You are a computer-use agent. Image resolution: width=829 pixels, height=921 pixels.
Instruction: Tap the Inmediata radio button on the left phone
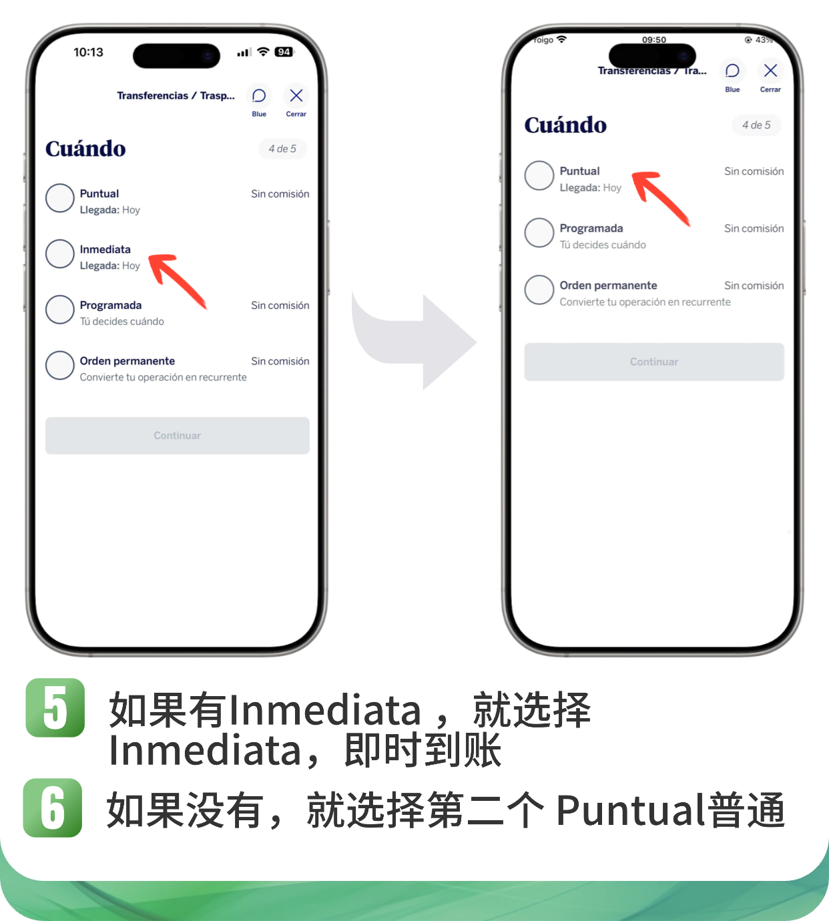tap(59, 254)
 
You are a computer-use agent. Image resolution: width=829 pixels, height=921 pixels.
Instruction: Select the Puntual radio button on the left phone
tap(59, 198)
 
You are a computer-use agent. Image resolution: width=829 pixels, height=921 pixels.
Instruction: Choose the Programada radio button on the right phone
tap(539, 233)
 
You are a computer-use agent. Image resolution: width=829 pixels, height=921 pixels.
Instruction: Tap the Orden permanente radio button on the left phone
tap(59, 366)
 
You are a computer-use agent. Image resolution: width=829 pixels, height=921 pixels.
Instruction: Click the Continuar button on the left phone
tap(178, 436)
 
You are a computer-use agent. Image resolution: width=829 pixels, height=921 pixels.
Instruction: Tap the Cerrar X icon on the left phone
tap(296, 95)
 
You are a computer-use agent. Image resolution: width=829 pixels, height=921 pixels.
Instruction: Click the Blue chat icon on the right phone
tap(732, 71)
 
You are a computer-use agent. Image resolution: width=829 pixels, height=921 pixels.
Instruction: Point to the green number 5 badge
tap(55, 707)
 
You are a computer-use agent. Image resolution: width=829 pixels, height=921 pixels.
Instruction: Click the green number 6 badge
tap(53, 808)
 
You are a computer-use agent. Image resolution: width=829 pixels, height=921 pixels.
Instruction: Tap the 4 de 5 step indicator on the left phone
tap(282, 149)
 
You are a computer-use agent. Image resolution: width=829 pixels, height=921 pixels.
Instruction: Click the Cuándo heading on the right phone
tap(565, 125)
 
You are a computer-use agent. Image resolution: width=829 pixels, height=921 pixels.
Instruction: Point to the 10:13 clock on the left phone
tap(89, 52)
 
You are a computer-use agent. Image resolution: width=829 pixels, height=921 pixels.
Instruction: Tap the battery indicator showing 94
tap(284, 52)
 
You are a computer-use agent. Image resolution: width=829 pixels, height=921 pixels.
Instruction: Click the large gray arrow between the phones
tap(413, 340)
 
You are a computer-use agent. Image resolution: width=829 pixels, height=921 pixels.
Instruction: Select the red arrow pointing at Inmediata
tap(177, 280)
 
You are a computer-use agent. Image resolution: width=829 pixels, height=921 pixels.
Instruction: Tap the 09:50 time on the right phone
tap(654, 40)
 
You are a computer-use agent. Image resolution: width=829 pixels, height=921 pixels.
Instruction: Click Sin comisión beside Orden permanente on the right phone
tap(754, 286)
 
